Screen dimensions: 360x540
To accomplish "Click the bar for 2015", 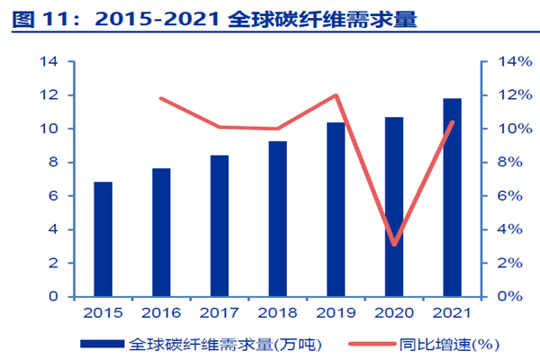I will (x=103, y=239).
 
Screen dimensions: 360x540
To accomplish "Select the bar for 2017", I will (x=220, y=226).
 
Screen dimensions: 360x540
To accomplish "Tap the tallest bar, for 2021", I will (x=452, y=197).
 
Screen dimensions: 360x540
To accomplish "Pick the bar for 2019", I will (x=336, y=210).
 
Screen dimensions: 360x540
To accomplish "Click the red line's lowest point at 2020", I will (x=394, y=244).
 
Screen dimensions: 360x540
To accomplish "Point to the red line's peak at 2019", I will (x=336, y=95).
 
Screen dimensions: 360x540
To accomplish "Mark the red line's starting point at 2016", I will (x=160, y=98).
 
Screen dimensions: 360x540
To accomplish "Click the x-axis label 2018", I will (x=277, y=312).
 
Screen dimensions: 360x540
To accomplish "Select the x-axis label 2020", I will (x=394, y=312).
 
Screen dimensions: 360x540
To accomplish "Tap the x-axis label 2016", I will (x=160, y=312).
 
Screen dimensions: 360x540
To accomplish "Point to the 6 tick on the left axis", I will (x=53, y=195).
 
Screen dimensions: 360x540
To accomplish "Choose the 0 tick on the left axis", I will (x=53, y=296).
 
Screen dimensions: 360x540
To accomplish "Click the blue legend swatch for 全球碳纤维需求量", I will (x=103, y=344).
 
